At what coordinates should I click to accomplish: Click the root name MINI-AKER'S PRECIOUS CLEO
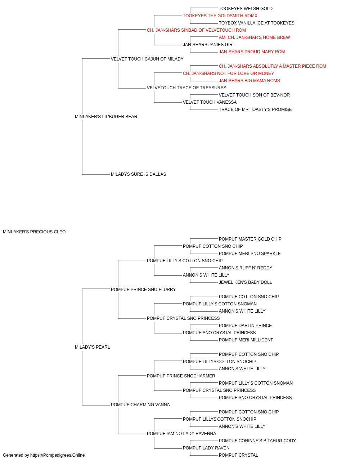(34, 232)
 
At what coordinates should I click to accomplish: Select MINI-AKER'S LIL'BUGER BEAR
(106, 117)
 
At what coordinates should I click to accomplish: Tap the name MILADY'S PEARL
(92, 347)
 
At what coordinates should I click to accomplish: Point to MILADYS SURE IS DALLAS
(139, 174)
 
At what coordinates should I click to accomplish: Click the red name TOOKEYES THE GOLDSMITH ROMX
(220, 16)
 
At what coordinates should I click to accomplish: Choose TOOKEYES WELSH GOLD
(246, 9)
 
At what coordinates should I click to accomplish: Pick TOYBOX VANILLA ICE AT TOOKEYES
(257, 23)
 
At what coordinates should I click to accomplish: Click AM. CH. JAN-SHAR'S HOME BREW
(254, 37)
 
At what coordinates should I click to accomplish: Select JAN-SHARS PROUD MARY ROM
(252, 52)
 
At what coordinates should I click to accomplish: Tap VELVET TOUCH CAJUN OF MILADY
(147, 59)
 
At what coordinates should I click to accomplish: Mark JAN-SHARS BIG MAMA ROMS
(249, 81)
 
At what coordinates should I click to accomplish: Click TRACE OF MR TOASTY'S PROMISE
(255, 109)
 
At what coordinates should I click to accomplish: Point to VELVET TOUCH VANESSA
(210, 102)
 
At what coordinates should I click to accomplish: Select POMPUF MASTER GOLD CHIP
(250, 239)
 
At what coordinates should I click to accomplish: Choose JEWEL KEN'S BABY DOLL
(245, 282)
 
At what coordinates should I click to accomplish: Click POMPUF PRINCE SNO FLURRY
(143, 290)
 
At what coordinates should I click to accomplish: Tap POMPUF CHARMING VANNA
(140, 405)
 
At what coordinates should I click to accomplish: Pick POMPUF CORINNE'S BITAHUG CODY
(257, 441)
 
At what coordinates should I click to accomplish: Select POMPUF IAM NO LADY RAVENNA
(181, 434)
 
